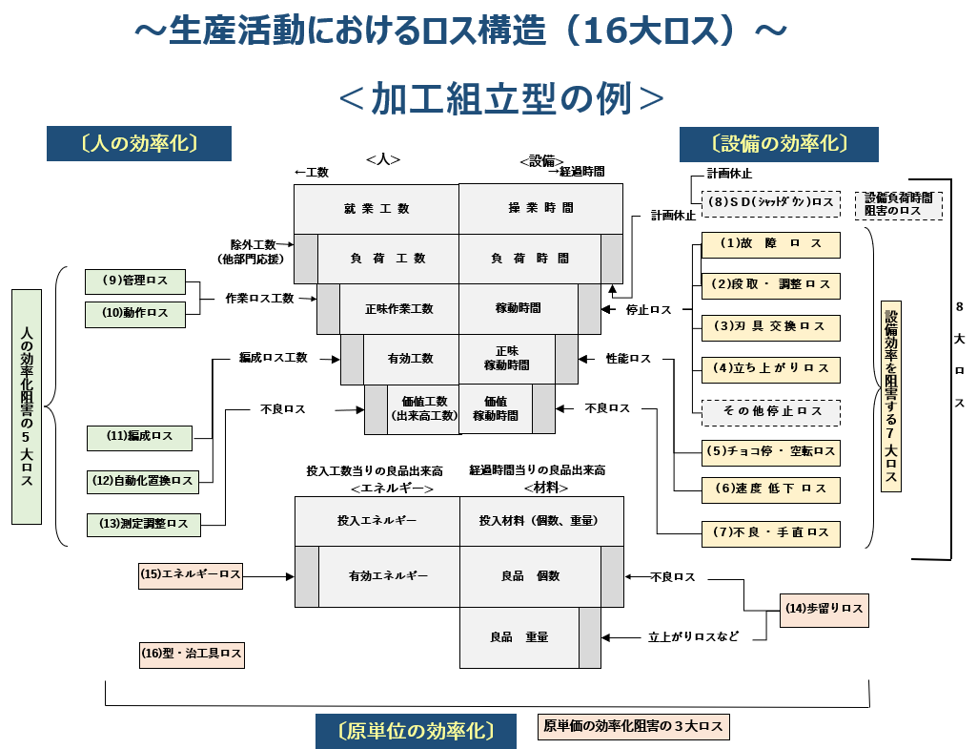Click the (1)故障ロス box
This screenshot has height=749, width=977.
(771, 244)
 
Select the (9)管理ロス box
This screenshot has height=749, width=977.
(134, 281)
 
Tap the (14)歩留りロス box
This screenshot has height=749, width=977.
(824, 609)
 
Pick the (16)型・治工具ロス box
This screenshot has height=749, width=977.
(192, 654)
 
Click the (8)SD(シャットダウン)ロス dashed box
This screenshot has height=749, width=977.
(770, 203)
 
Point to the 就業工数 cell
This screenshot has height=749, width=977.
(377, 208)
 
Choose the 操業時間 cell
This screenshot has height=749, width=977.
(540, 208)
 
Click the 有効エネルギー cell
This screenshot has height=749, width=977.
(388, 576)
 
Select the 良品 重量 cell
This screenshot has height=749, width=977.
(519, 637)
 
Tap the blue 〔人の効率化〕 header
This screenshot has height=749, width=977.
(139, 143)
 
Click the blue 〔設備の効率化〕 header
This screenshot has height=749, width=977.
(778, 143)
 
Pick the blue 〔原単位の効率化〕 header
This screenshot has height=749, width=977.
(416, 731)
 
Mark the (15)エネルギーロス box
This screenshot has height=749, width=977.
(191, 574)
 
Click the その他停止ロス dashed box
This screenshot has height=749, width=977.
(771, 411)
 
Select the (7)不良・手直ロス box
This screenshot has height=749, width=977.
(771, 532)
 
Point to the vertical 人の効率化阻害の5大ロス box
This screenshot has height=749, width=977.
(27, 407)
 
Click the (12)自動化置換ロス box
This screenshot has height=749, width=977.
(142, 481)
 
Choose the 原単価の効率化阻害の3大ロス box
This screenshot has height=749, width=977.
(633, 727)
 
